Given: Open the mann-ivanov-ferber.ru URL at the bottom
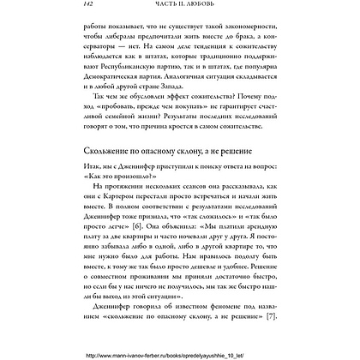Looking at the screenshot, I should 179,353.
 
